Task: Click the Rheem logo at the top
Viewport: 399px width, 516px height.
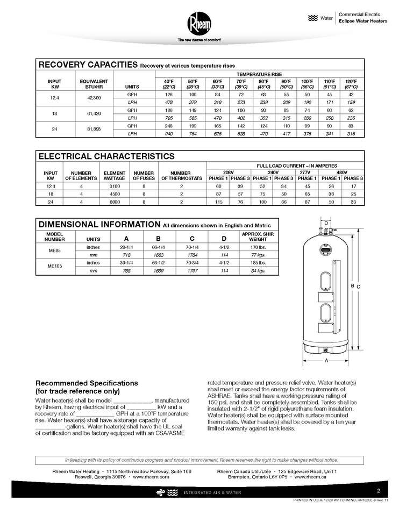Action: coord(198,23)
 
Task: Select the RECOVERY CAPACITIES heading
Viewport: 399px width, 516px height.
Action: coord(88,64)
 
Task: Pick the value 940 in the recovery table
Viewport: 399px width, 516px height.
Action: coord(169,135)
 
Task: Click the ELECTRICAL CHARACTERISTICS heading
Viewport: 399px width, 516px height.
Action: coord(106,156)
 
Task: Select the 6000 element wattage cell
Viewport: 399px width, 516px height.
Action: coord(114,202)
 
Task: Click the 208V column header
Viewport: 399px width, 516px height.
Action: coord(230,171)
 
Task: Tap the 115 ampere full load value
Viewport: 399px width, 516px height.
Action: coord(219,202)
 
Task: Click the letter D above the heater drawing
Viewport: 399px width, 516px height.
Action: coord(326,222)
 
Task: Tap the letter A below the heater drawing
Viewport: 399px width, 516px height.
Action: coord(326,361)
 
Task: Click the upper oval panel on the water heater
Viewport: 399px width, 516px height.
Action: coord(326,282)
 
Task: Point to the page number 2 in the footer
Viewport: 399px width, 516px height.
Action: coord(379,490)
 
